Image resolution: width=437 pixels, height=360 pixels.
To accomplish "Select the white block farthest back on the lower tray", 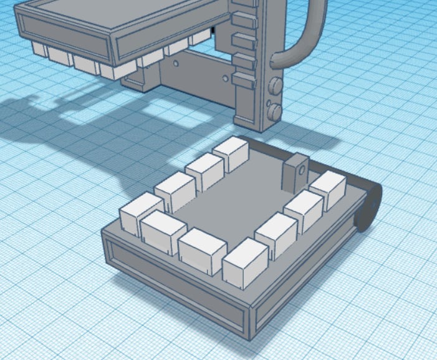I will click(231, 155).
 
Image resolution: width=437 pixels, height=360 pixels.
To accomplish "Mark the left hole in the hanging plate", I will click(177, 64).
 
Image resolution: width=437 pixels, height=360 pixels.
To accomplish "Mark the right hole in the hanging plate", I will click(225, 79).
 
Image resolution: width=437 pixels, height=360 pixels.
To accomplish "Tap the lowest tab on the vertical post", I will click(244, 79).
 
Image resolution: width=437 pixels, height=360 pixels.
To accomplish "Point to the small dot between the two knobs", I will click(269, 100).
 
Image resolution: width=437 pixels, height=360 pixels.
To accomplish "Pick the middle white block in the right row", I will click(304, 209).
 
